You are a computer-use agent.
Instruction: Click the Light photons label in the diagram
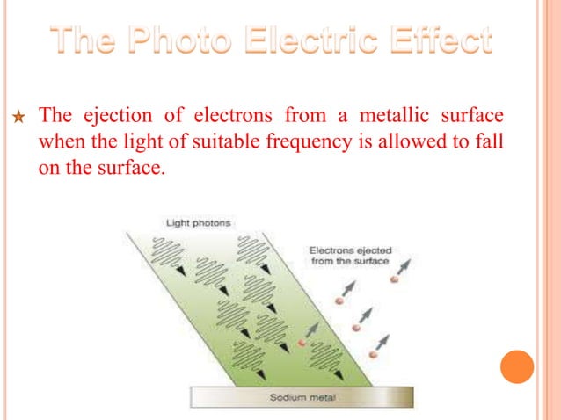(198, 223)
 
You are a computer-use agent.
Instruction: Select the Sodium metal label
(301, 398)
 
